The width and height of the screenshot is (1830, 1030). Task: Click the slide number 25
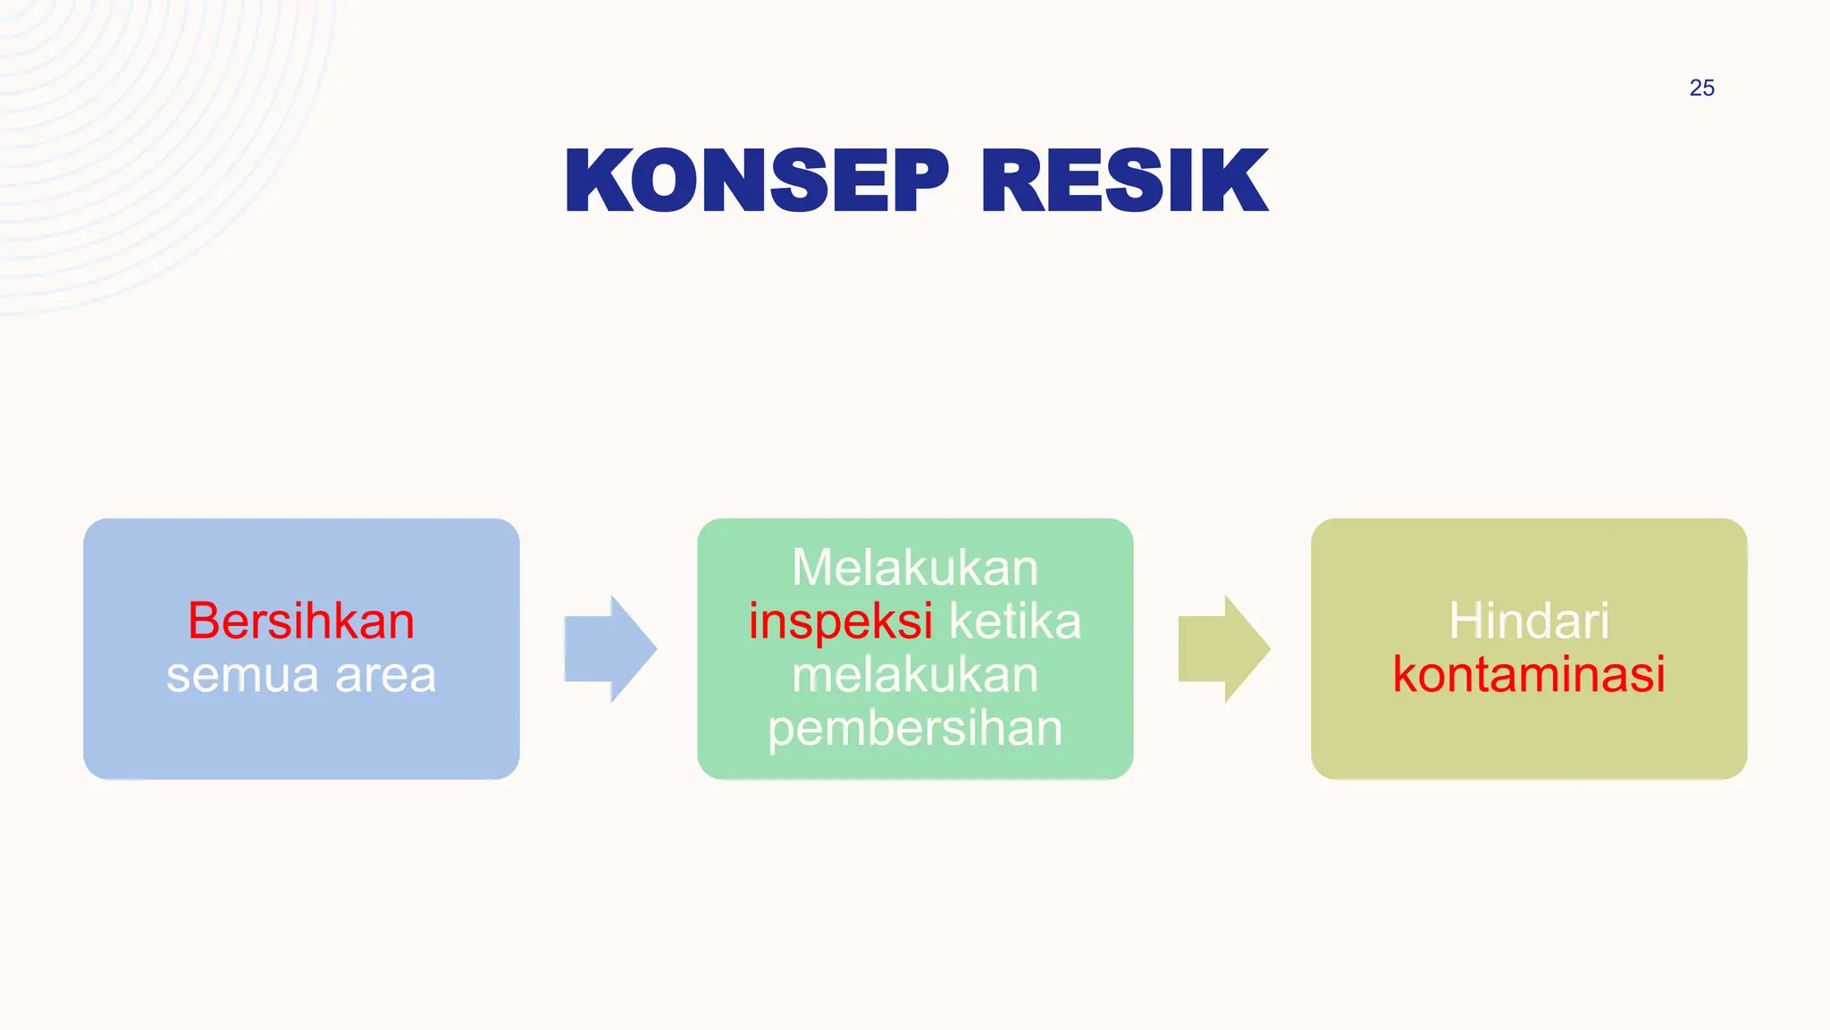pos(1701,88)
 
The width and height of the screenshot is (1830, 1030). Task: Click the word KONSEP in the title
pos(756,181)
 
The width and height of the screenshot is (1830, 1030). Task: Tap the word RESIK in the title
pos(1124,181)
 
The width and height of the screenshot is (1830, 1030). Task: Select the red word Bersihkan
pos(301,621)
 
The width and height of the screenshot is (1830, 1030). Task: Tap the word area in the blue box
pos(385,675)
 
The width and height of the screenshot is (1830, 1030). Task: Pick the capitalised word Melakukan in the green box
pos(915,568)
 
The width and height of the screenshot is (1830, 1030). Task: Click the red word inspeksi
pos(840,621)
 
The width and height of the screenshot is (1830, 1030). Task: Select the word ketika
pos(1014,621)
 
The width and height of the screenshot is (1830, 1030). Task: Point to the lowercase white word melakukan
pos(915,675)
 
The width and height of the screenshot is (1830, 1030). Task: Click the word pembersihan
pos(915,729)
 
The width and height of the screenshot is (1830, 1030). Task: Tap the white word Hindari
pos(1529,621)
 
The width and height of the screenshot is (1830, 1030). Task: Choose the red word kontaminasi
pos(1529,675)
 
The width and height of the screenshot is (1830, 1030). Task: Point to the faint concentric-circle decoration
pos(134,134)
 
